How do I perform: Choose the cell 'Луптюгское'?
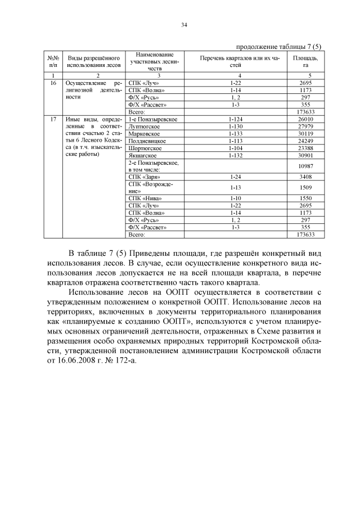(x=143, y=127)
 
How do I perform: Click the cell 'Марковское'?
(x=144, y=134)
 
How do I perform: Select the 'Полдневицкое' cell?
(x=147, y=141)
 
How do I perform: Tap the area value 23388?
(x=305, y=148)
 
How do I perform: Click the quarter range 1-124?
(x=236, y=119)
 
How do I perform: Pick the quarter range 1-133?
(x=236, y=134)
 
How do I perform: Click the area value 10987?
(x=305, y=166)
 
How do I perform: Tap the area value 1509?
(x=305, y=188)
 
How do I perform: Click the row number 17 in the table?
(x=53, y=119)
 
